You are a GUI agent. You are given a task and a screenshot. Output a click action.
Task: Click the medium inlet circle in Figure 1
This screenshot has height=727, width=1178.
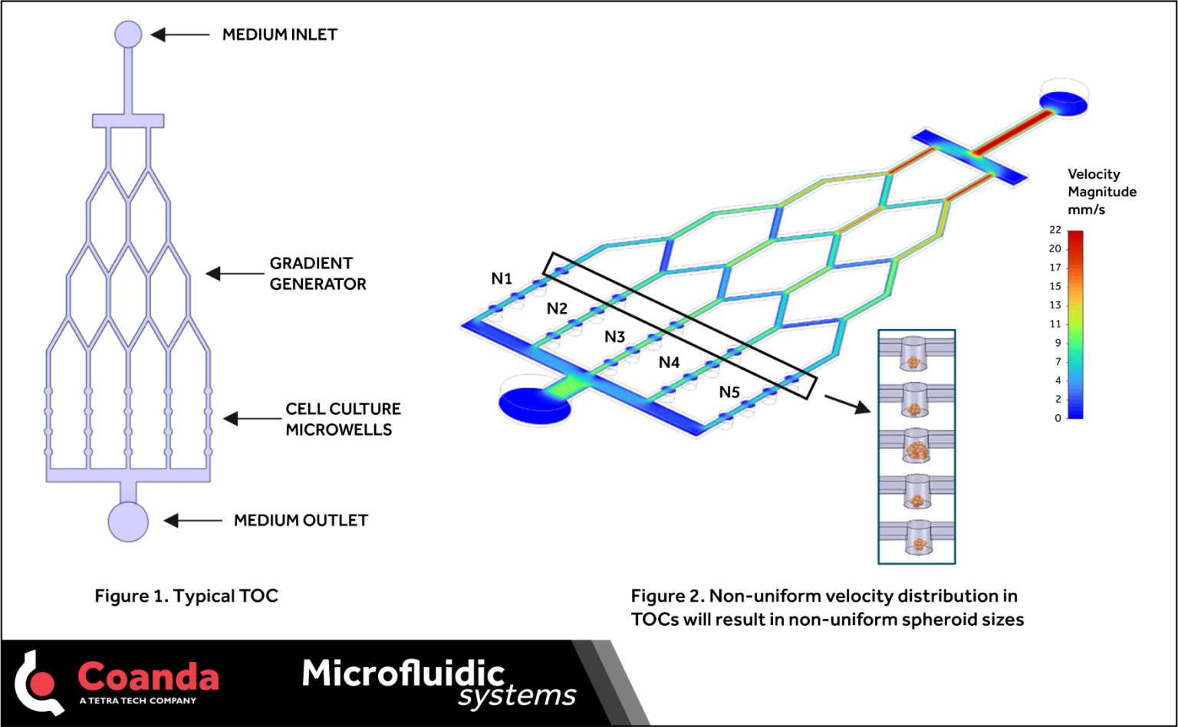pos(128,35)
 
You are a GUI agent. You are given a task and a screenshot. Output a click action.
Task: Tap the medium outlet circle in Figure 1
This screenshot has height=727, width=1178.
pos(128,521)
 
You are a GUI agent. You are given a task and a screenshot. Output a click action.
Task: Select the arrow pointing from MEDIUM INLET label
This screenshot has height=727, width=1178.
pos(179,35)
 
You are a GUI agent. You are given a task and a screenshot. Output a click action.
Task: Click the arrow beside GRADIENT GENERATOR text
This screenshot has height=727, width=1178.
pos(235,274)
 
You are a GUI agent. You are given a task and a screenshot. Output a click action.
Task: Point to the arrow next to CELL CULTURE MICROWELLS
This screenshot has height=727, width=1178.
pos(252,419)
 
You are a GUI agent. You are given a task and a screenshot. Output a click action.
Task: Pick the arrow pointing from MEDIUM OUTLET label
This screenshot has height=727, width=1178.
pos(193,521)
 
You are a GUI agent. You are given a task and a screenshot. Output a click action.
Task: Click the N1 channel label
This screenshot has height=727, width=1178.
pos(502,278)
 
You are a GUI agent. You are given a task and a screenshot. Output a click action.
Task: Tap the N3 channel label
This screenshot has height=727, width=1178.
pos(614,337)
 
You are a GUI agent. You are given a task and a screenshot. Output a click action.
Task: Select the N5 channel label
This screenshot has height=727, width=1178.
pos(729,393)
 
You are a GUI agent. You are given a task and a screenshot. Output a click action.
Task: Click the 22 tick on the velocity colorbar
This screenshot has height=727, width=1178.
pos(1056,230)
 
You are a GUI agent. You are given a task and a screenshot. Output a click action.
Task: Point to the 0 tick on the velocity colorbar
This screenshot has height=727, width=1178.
pos(1058,418)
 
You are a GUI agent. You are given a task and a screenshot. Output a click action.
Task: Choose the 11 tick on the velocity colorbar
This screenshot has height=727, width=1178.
pos(1056,324)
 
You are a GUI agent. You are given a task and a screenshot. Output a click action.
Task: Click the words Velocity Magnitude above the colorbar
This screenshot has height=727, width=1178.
pos(1101,183)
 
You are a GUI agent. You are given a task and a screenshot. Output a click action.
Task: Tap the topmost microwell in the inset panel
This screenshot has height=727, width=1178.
pos(915,351)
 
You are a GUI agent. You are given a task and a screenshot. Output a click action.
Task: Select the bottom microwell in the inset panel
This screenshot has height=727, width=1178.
pos(916,537)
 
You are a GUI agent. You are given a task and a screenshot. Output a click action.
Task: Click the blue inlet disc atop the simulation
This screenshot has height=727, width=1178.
pos(1063,101)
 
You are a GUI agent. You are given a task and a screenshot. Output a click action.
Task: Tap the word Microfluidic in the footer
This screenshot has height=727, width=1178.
pos(403,673)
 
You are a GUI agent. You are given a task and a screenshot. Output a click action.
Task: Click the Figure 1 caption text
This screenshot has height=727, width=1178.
pos(186,596)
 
